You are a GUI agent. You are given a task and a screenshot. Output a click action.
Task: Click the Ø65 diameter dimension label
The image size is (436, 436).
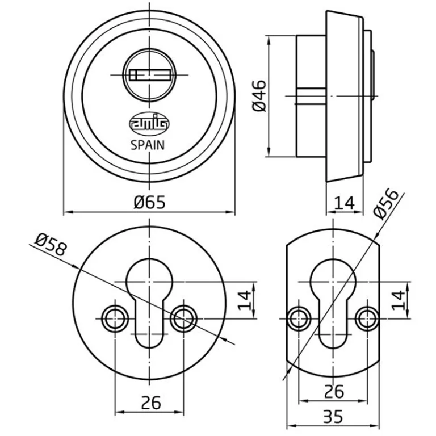coord(149,202)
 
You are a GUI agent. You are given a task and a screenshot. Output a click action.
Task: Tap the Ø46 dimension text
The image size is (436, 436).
coord(259,96)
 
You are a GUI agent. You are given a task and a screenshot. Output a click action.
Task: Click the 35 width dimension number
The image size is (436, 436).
coord(333,417)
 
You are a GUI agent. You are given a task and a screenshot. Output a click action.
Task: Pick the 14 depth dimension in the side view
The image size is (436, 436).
coord(345,203)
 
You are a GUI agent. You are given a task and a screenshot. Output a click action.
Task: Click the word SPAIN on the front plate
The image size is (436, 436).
coord(148,145)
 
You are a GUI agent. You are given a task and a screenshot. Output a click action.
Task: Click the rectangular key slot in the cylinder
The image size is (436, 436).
coord(150,75)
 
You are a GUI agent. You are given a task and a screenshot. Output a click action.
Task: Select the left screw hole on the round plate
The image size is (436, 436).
coord(115,318)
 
